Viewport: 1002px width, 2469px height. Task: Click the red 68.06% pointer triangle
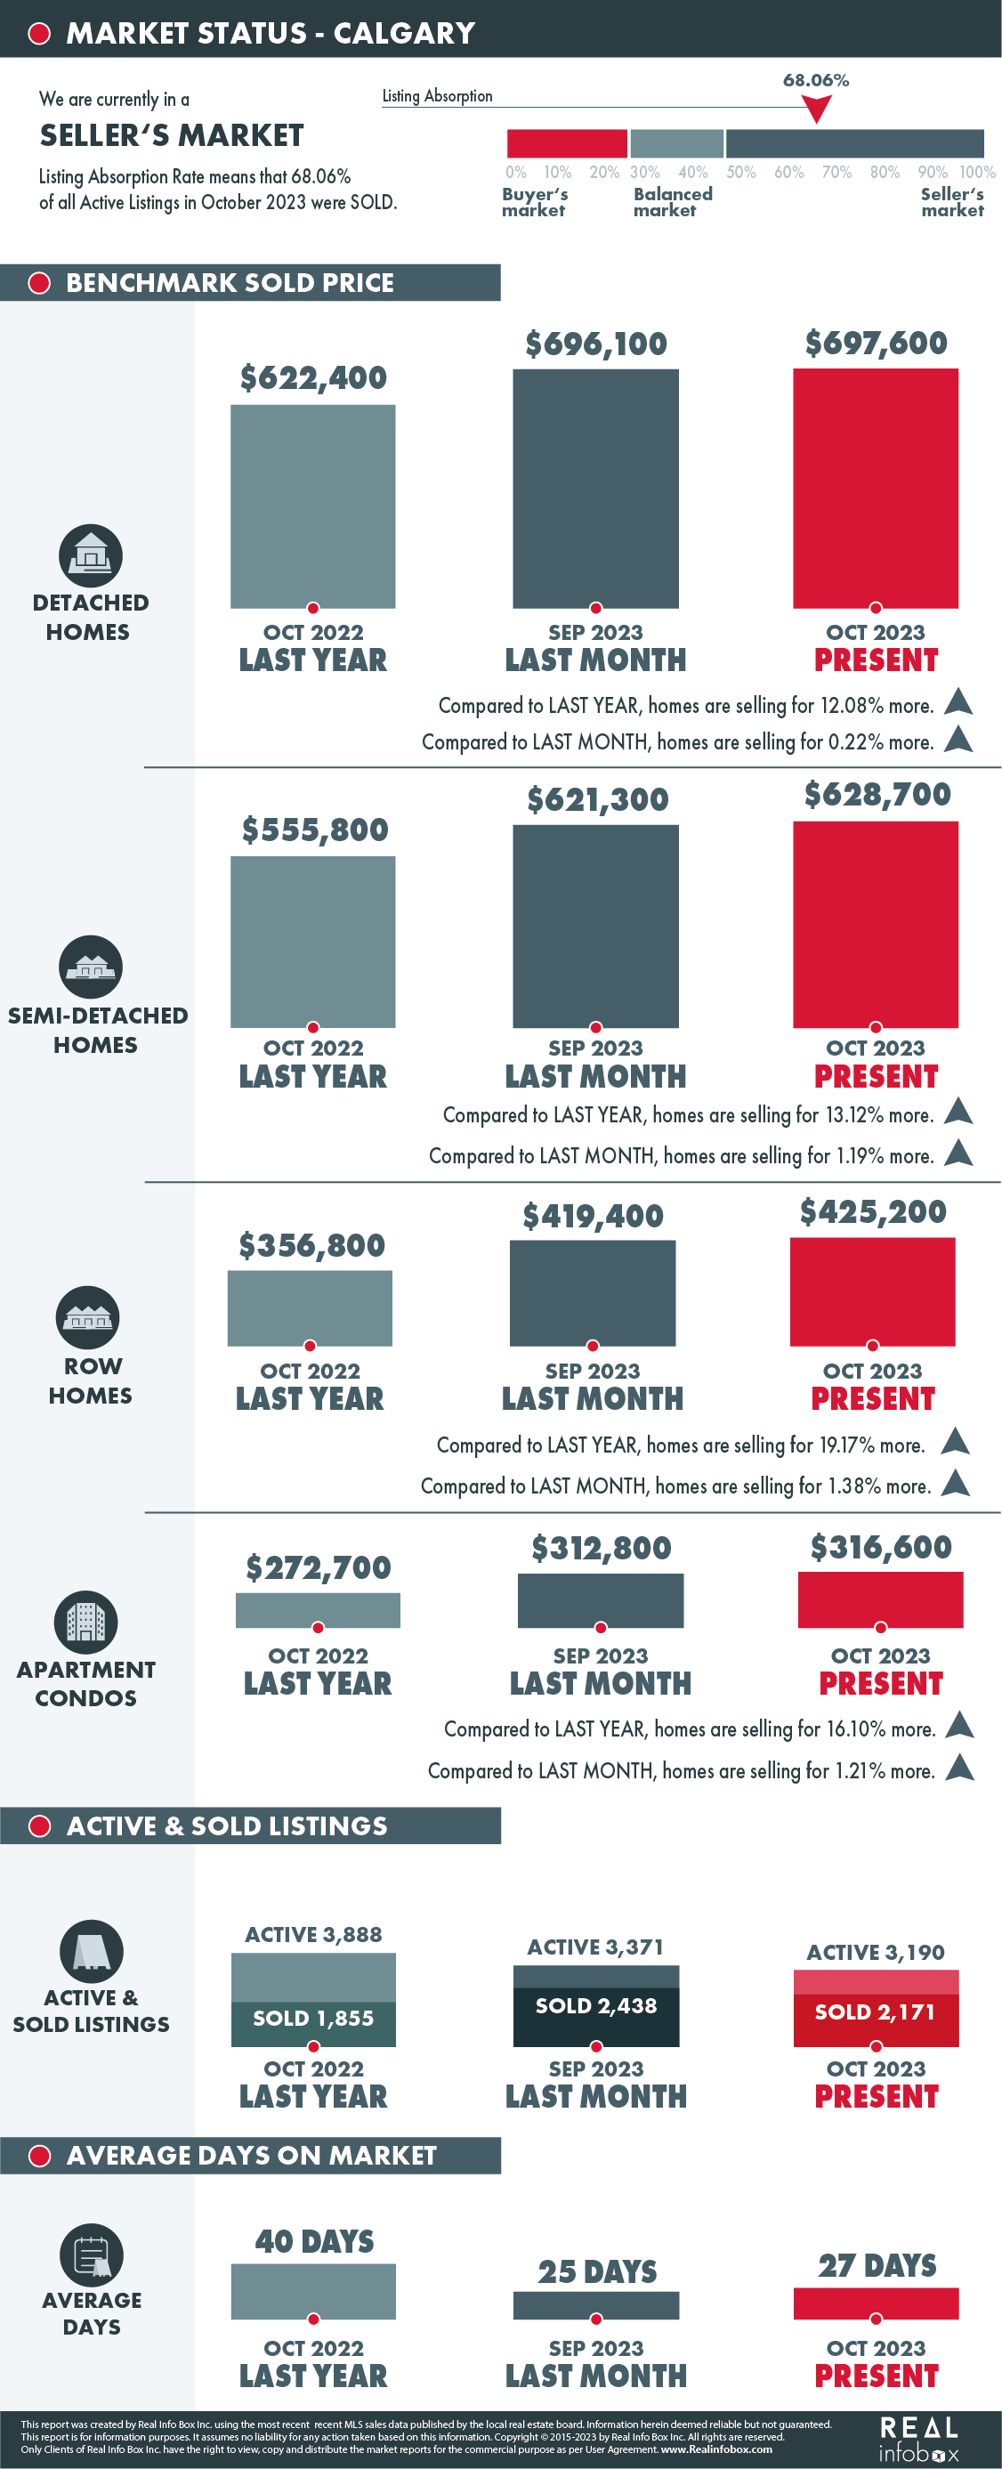pos(816,110)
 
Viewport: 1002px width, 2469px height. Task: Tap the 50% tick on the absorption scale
pos(740,173)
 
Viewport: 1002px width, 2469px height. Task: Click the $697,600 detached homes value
pos(876,344)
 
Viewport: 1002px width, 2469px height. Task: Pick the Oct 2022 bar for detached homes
pos(312,506)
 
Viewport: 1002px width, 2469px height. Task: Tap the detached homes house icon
pos(91,555)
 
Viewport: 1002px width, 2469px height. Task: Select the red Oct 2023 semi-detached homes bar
pos(876,924)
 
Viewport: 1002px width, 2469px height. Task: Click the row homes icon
pos(88,1317)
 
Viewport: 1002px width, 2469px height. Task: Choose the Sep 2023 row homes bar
pos(592,1293)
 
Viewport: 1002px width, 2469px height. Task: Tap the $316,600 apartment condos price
pos(880,1546)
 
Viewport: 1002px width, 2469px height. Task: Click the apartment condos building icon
pos(86,1622)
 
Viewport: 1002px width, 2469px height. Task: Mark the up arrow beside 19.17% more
pos(955,1441)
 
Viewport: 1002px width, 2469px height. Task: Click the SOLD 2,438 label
pos(596,2005)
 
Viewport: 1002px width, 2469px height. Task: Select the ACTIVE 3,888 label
pos(313,1934)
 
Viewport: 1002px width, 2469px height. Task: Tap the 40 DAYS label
pos(314,2241)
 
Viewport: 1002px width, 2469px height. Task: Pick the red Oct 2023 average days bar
pos(876,2303)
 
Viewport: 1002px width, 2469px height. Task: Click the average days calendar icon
pos(92,2255)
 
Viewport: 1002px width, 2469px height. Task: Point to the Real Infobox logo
pos(918,2439)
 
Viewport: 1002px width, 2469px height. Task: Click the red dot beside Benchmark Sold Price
pos(39,283)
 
